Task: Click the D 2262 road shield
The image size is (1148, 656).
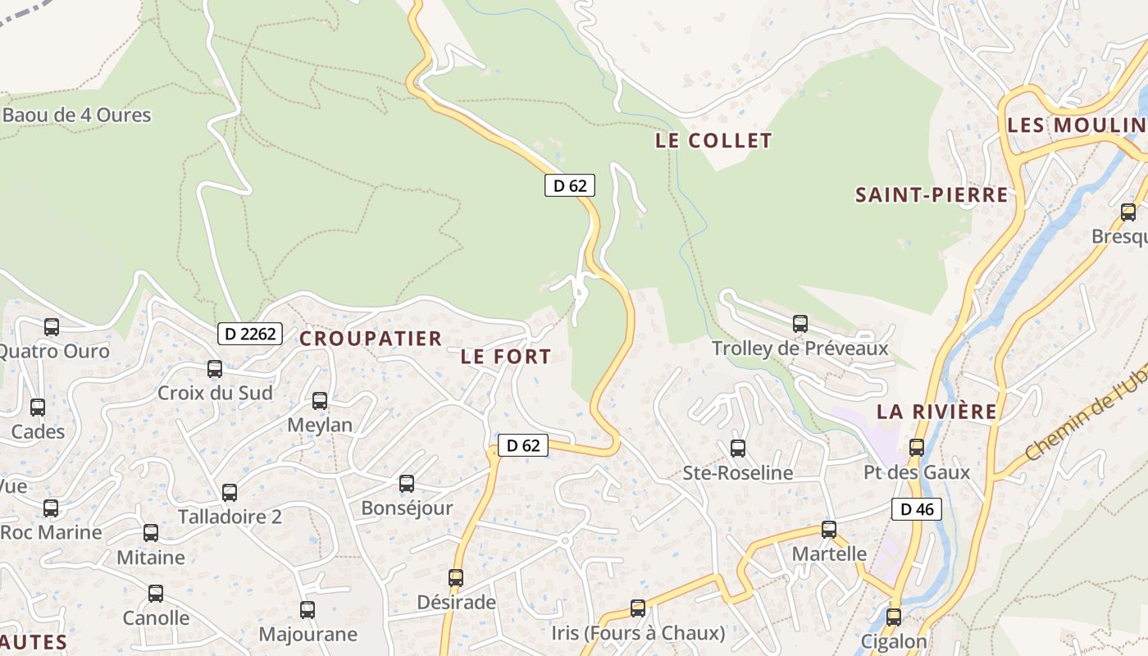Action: (x=250, y=334)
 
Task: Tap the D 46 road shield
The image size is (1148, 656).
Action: (x=917, y=509)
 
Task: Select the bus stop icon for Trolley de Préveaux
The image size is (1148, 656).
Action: (x=800, y=324)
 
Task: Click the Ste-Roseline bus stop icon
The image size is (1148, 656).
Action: (x=738, y=448)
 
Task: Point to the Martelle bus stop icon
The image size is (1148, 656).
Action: (x=829, y=529)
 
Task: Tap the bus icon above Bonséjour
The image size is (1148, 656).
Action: (x=407, y=484)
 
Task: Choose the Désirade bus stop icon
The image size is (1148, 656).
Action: (x=456, y=578)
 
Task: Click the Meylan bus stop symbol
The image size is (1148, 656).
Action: (x=320, y=401)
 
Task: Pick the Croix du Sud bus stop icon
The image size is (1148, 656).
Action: (x=215, y=369)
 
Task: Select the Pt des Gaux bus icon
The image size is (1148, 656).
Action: (x=917, y=448)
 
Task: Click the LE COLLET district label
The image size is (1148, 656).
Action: (x=713, y=141)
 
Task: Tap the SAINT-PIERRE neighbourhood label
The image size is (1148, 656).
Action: (x=932, y=195)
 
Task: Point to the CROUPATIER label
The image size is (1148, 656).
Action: (x=371, y=339)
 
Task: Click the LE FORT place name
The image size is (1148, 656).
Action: (x=506, y=357)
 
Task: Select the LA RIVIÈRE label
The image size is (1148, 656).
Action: (x=937, y=412)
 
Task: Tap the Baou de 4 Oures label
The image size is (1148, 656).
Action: (x=77, y=115)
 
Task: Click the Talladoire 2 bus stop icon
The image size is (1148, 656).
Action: (x=230, y=493)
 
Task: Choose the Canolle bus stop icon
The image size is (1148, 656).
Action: (x=156, y=594)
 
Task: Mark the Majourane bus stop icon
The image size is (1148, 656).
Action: (x=307, y=610)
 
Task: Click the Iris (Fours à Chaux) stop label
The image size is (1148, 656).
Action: (x=639, y=634)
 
